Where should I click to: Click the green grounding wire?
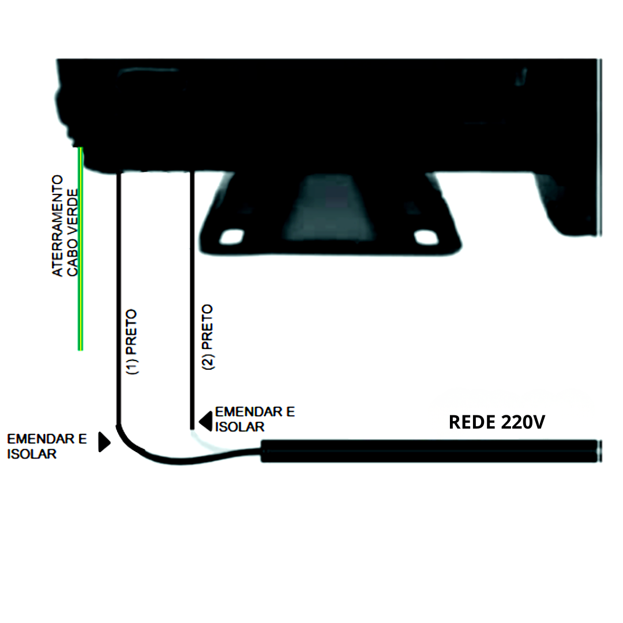(x=80, y=249)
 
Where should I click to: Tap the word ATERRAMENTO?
(x=58, y=226)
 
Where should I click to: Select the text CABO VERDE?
(x=72, y=232)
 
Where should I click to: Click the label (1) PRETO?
(x=132, y=341)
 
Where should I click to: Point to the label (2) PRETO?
(x=208, y=337)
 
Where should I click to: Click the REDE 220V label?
(x=497, y=422)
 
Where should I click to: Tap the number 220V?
(x=523, y=422)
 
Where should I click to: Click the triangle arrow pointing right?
(x=104, y=442)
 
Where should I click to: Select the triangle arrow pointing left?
(x=205, y=422)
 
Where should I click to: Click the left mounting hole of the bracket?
(x=232, y=237)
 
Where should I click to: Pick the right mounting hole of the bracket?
(x=426, y=237)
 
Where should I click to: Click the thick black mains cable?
(x=431, y=451)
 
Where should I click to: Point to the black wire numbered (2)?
(x=192, y=301)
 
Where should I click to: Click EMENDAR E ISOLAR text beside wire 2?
(x=255, y=419)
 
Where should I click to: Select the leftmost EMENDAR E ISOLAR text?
(x=47, y=446)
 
